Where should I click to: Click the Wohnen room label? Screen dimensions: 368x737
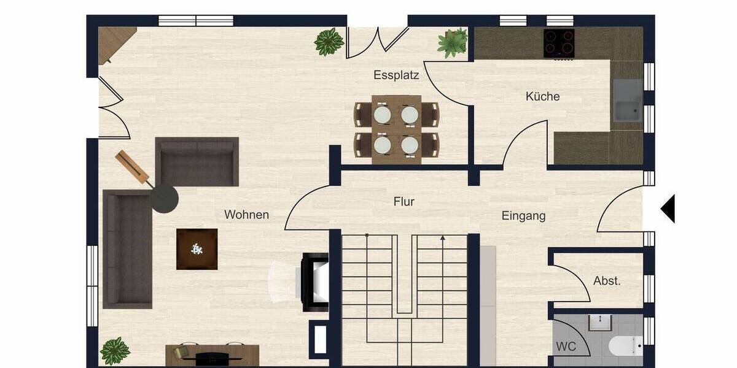point(246,215)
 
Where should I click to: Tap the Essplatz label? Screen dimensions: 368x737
point(396,75)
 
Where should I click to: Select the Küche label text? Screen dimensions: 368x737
point(542,96)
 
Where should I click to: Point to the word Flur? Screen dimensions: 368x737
point(404,201)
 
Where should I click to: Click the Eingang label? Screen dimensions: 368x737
point(523,216)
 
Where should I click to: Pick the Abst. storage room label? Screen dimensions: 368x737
point(607,281)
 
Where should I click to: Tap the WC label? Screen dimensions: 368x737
point(566,347)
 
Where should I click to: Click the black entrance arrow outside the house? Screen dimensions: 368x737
point(668,209)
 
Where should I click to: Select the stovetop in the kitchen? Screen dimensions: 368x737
point(559,43)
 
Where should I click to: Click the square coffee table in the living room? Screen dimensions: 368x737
point(197,249)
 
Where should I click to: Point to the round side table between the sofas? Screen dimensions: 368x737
point(165,199)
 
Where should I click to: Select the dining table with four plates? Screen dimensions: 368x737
point(396,129)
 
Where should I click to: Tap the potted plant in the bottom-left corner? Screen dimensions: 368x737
point(115,351)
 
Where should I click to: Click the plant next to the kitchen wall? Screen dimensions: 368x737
point(453,43)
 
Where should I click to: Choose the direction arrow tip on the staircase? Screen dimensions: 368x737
point(442,237)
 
